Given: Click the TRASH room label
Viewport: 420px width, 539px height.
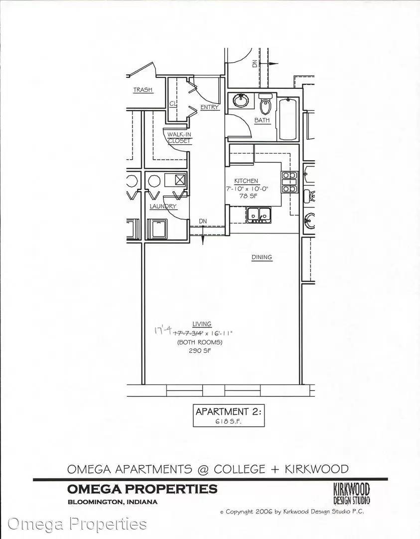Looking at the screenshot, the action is pos(143,90).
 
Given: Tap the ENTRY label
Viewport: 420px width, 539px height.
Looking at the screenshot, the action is pos(209,107).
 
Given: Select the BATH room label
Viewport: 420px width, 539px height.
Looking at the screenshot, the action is pos(262,120).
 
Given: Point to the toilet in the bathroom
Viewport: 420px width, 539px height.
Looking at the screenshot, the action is pos(265,104).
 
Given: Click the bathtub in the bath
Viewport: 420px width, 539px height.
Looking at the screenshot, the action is pos(287,119).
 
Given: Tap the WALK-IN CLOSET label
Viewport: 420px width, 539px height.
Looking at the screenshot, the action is pos(179,138).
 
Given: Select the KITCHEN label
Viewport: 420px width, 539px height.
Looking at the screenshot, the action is pos(246,181).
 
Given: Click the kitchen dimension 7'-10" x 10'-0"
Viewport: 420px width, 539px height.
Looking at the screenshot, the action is pos(247,189).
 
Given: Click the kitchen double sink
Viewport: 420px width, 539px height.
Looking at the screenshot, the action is pos(259,215).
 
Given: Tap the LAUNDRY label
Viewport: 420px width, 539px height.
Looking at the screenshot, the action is pos(163,206).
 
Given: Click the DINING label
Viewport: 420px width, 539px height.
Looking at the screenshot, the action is pos(262,257).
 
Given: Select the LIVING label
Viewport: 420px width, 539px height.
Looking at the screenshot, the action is pos(202,324).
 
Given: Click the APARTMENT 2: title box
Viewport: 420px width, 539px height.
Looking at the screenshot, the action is pos(229,416).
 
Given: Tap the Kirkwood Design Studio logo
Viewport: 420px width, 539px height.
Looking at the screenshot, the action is pos(352,494).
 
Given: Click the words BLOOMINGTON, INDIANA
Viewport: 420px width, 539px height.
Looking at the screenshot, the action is pos(113,502).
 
